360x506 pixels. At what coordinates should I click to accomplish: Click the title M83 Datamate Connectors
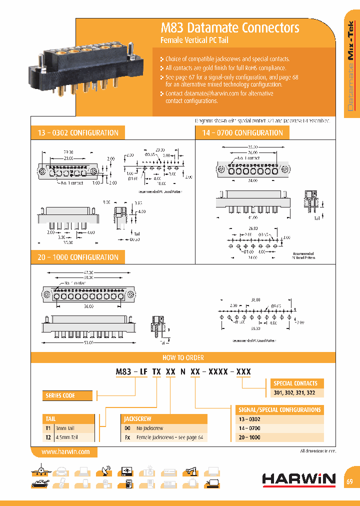229,28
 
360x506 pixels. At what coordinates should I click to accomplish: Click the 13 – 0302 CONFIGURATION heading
78,133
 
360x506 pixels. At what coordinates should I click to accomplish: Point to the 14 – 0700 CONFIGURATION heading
242,133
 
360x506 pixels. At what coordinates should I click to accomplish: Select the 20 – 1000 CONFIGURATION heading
78,257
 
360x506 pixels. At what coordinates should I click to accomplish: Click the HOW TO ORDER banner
182,358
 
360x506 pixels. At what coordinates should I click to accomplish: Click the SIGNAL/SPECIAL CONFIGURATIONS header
279,409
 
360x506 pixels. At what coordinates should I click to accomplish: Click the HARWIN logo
299,479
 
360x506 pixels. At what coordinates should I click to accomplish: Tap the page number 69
350,481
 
